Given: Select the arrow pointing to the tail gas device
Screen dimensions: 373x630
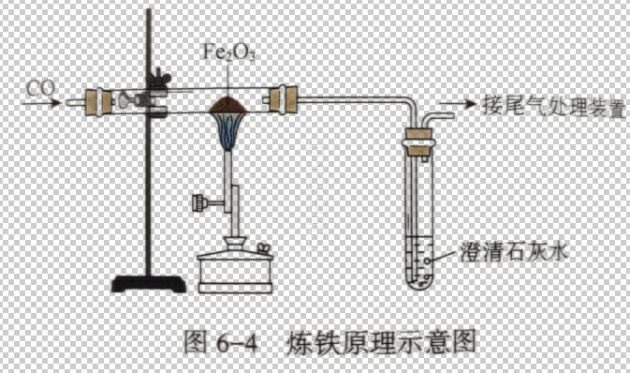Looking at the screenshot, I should (458, 106).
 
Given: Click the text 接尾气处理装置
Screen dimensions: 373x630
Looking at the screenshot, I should (549, 106).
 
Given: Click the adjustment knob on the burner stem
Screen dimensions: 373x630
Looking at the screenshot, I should (200, 200).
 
